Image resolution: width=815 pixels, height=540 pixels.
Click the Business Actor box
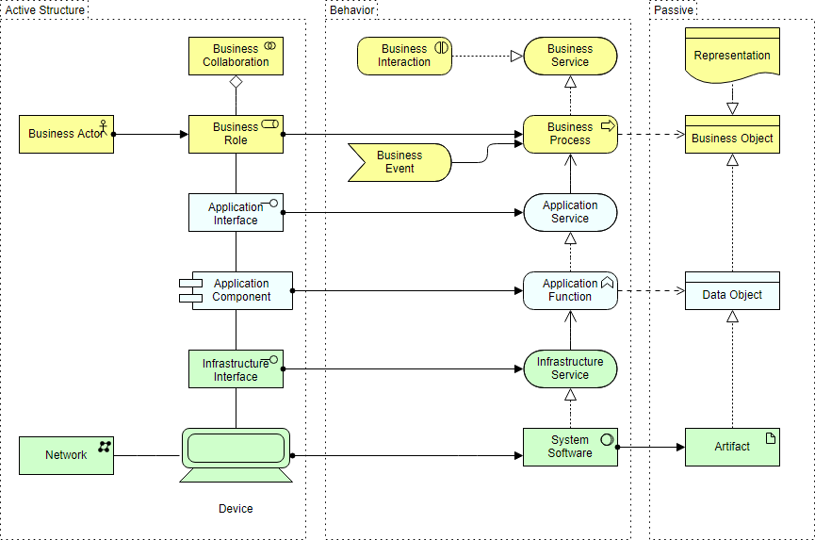tap(66, 134)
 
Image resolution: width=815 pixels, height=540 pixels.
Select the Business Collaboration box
tap(236, 56)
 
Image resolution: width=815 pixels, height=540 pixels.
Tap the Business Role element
tap(236, 134)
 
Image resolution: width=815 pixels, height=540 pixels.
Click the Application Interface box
tap(236, 212)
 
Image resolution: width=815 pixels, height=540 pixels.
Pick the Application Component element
tap(240, 290)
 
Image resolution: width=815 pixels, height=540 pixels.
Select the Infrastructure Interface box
tap(236, 368)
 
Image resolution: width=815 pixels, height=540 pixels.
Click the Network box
tap(66, 455)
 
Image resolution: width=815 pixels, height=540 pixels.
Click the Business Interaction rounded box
tap(404, 56)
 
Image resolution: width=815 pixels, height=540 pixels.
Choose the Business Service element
tap(570, 56)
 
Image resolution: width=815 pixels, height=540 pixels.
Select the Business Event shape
tap(400, 162)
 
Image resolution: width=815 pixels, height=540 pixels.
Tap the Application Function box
tap(570, 290)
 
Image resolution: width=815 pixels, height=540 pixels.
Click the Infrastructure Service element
tap(570, 368)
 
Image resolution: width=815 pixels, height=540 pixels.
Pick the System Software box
tap(570, 447)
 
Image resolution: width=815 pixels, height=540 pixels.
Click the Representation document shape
tap(732, 56)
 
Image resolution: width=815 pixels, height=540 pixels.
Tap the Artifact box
tap(732, 447)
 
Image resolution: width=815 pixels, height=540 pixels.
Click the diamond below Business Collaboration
tap(236, 82)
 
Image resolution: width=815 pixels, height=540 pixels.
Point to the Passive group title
tap(674, 10)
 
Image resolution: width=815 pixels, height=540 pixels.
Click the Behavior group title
tap(352, 10)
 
